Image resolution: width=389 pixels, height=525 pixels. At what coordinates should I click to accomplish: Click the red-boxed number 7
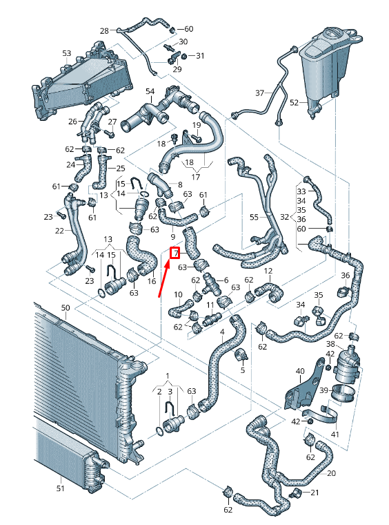coord(175,253)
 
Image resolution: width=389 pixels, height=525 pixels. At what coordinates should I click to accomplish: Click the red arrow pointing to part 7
coord(164,277)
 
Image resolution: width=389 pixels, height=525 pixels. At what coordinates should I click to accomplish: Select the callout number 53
coord(66,53)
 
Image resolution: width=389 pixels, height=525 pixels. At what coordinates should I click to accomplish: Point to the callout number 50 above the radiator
coord(66,307)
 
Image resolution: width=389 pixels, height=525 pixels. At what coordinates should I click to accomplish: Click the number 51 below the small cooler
coord(60,488)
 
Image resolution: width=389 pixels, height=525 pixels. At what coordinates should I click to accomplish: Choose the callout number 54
coord(150,91)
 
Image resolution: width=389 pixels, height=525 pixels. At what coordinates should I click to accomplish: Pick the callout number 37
coord(259,93)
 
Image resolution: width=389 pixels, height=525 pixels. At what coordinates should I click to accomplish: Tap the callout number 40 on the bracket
coord(300,371)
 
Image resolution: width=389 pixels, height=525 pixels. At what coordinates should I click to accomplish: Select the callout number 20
coord(331,473)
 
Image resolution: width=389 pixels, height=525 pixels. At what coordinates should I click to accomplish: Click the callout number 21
coord(315,493)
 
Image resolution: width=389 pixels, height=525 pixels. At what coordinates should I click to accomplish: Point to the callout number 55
coord(254,218)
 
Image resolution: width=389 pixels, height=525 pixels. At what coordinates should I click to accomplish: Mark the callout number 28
coord(104,31)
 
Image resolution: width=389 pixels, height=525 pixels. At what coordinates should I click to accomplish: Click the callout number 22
coord(59,231)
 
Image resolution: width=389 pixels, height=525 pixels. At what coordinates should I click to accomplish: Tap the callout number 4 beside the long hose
coord(222,332)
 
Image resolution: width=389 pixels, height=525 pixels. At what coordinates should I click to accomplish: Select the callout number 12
coord(268,271)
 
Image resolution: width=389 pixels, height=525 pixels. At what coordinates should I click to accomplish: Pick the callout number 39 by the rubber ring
coord(323,390)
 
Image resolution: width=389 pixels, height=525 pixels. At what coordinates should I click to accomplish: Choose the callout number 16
coord(152,281)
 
